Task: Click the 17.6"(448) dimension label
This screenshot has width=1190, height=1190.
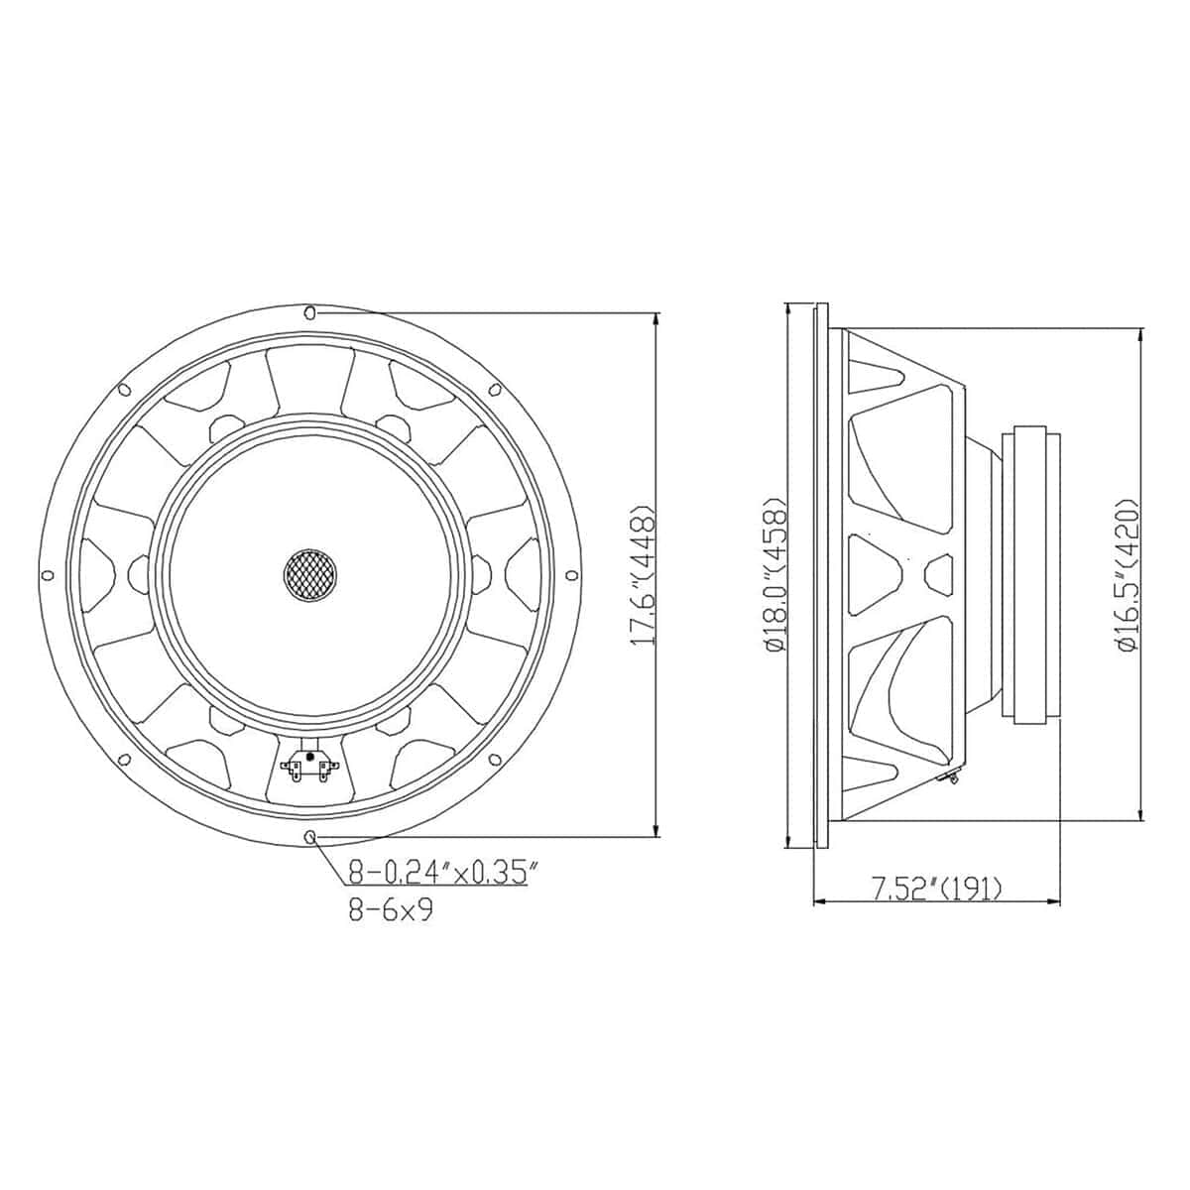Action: [643, 574]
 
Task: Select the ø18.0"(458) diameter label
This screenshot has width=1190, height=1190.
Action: [776, 574]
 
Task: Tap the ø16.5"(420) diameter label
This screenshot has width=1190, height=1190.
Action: [1127, 574]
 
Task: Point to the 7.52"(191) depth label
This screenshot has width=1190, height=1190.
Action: [937, 889]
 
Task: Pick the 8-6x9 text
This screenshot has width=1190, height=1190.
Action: [391, 911]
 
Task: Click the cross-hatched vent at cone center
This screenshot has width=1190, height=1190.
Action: [310, 574]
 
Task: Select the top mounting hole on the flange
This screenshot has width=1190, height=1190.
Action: [310, 312]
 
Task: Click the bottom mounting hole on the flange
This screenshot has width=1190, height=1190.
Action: [310, 836]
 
